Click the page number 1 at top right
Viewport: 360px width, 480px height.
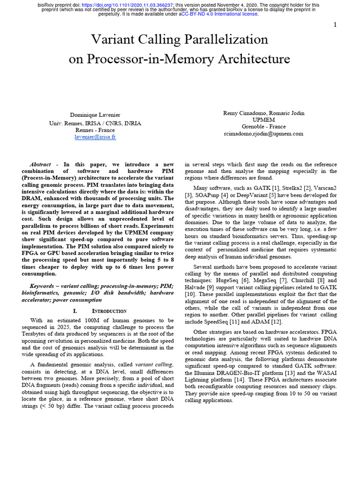335,25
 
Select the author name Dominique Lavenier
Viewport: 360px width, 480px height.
95,115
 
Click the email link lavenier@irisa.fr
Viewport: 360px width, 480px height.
95,137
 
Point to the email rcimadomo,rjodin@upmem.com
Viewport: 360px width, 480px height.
264,134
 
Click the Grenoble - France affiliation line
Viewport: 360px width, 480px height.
264,127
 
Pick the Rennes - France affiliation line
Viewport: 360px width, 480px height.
95,130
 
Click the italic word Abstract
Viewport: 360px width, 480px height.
40,165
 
